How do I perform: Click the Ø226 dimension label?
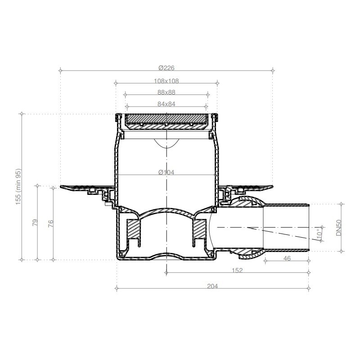point(166,68)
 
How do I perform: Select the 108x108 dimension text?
point(166,81)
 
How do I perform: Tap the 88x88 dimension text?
point(166,92)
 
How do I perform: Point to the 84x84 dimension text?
point(166,104)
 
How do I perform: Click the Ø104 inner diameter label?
point(166,172)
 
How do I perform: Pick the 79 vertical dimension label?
point(35,222)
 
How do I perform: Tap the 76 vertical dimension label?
point(50,223)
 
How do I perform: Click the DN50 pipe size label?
point(339,228)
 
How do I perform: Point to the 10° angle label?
point(319,233)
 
